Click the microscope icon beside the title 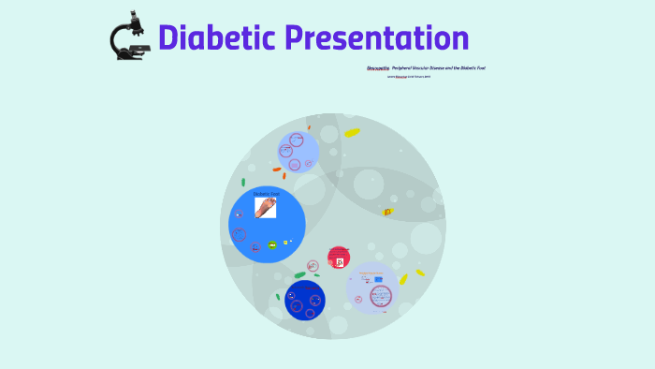pyautogui.click(x=129, y=37)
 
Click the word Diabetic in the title pyautogui.click(x=218, y=38)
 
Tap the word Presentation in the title pyautogui.click(x=377, y=38)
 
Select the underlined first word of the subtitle pyautogui.click(x=377, y=68)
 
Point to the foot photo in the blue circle pyautogui.click(x=266, y=207)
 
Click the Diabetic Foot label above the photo pyautogui.click(x=266, y=194)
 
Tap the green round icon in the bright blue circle pyautogui.click(x=272, y=244)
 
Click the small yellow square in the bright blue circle pyautogui.click(x=285, y=243)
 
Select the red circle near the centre pyautogui.click(x=339, y=258)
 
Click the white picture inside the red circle pyautogui.click(x=340, y=261)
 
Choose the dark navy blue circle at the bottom pyautogui.click(x=305, y=300)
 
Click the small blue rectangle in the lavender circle pyautogui.click(x=377, y=278)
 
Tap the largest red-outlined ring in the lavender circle pyautogui.click(x=381, y=296)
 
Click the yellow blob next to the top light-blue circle pyautogui.click(x=352, y=133)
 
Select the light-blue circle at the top pyautogui.click(x=298, y=152)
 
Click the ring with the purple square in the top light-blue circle pyautogui.click(x=297, y=140)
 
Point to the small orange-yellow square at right pyautogui.click(x=387, y=212)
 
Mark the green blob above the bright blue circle pyautogui.click(x=243, y=182)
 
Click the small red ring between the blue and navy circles pyautogui.click(x=312, y=266)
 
